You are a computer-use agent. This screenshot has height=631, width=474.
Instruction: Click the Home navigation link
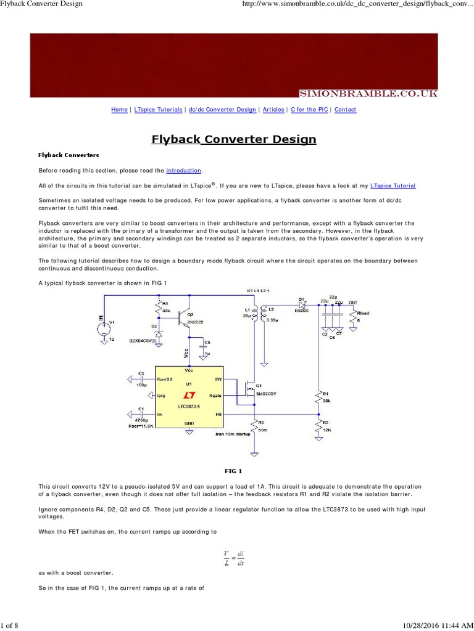pos(119,110)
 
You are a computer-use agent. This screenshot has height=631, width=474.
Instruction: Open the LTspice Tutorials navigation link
pos(157,110)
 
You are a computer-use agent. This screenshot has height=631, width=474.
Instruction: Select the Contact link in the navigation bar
pos(345,110)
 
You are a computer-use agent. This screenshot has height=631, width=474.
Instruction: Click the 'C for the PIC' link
pos(309,110)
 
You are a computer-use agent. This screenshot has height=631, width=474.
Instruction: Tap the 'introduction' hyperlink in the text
pos(184,171)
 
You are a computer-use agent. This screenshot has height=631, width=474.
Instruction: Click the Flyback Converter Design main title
pos(234,139)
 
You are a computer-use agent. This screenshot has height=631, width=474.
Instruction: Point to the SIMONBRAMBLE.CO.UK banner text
pos(368,93)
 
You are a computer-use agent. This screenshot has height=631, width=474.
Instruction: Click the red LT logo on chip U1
pos(190,394)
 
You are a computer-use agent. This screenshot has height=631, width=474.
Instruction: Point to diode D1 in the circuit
pos(302,304)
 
